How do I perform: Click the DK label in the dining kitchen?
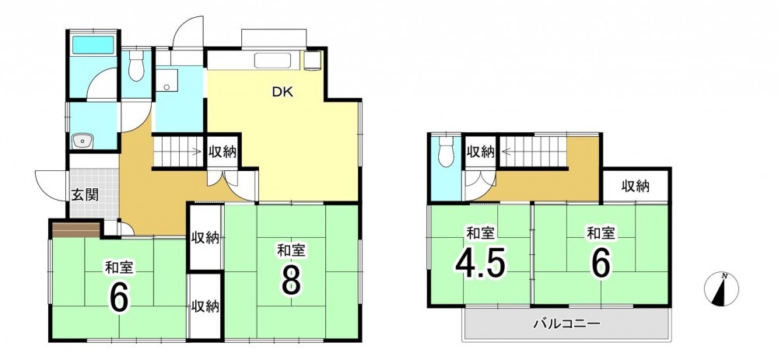pos(282,93)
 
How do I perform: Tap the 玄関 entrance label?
pos(85,194)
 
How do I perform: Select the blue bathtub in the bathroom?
pos(94,44)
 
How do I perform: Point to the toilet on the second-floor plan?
pos(447,151)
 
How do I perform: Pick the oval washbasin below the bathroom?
pos(81,141)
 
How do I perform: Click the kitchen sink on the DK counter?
pos(277,61)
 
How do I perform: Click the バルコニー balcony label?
pos(566,325)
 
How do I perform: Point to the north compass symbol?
pos(721,288)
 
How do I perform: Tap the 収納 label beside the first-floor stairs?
pos(222,152)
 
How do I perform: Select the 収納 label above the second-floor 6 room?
pos(636,187)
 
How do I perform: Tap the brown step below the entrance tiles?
pos(77,230)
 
